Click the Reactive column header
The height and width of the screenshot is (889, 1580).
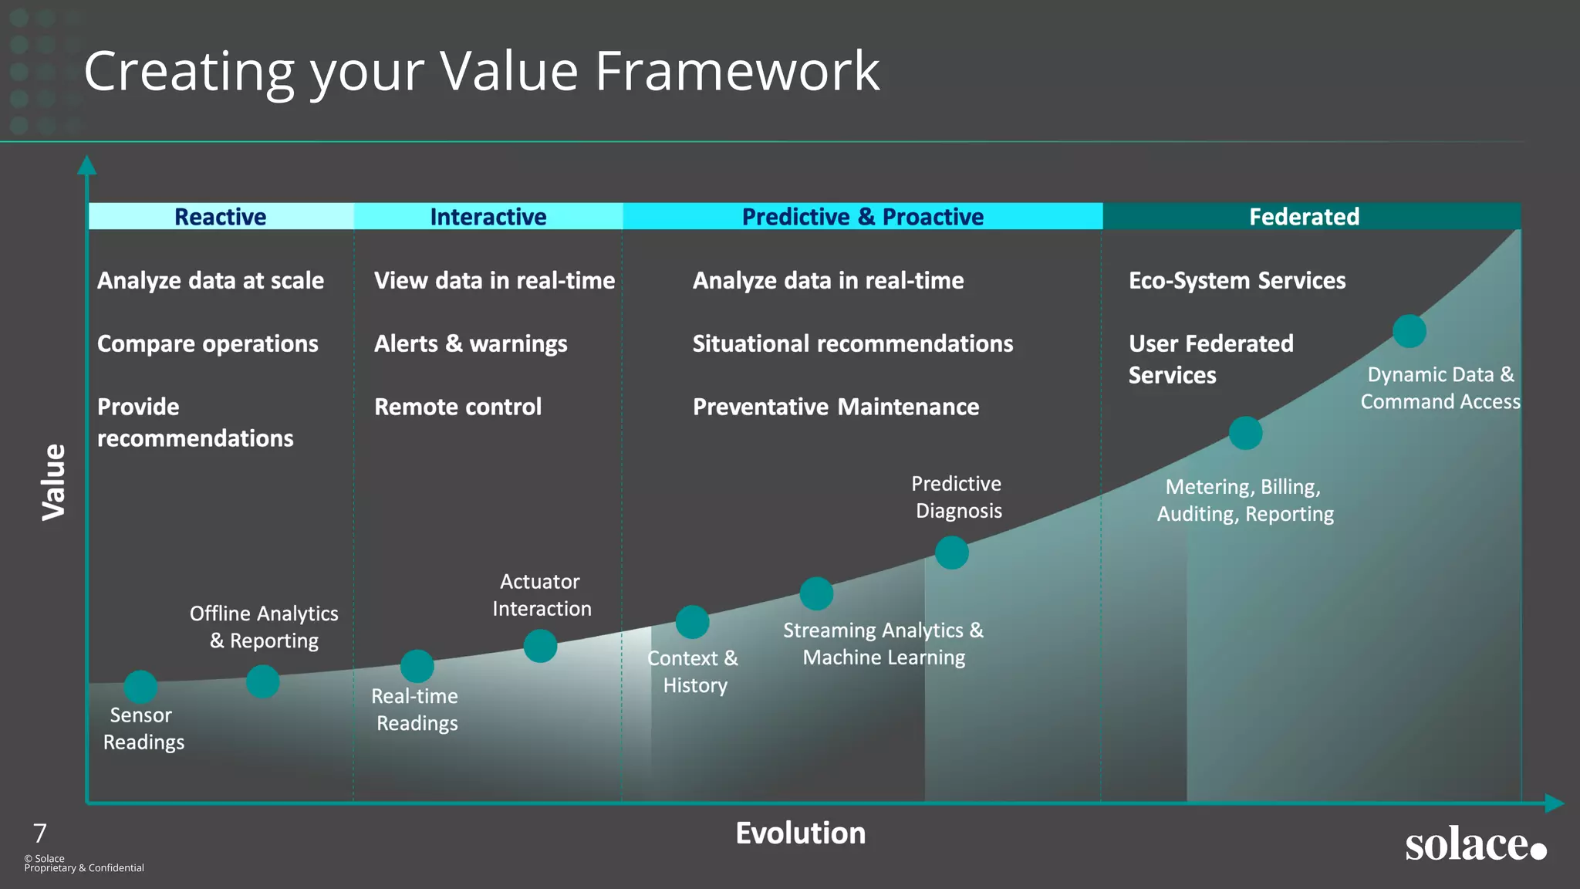[x=221, y=217]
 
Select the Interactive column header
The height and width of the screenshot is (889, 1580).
[x=488, y=217]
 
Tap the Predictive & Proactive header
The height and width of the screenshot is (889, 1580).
[x=863, y=217]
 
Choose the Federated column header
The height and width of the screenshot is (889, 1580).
[x=1304, y=217]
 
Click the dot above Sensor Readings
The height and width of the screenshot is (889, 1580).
[x=140, y=687]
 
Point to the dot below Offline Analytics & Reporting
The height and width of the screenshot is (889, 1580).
[x=262, y=681]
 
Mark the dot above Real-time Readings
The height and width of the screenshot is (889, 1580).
[x=417, y=666]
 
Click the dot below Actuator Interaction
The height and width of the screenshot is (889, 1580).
[x=540, y=646]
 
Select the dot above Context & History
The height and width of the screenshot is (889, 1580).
[x=692, y=622]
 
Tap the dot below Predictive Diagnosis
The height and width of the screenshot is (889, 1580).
[x=951, y=553]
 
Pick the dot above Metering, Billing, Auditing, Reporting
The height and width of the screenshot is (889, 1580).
[x=1245, y=433]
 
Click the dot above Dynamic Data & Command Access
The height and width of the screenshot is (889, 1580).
[x=1410, y=331]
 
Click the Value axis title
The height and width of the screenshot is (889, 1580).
[x=54, y=482]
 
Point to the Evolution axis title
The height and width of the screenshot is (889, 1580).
[x=800, y=833]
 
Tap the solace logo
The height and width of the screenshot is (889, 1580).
[x=1474, y=844]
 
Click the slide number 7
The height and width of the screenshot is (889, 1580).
[x=40, y=833]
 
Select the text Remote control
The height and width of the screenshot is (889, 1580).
[x=457, y=407]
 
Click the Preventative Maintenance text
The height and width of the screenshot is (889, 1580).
[x=836, y=407]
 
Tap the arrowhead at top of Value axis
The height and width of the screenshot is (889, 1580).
[x=87, y=164]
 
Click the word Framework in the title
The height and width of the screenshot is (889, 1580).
[x=737, y=71]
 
